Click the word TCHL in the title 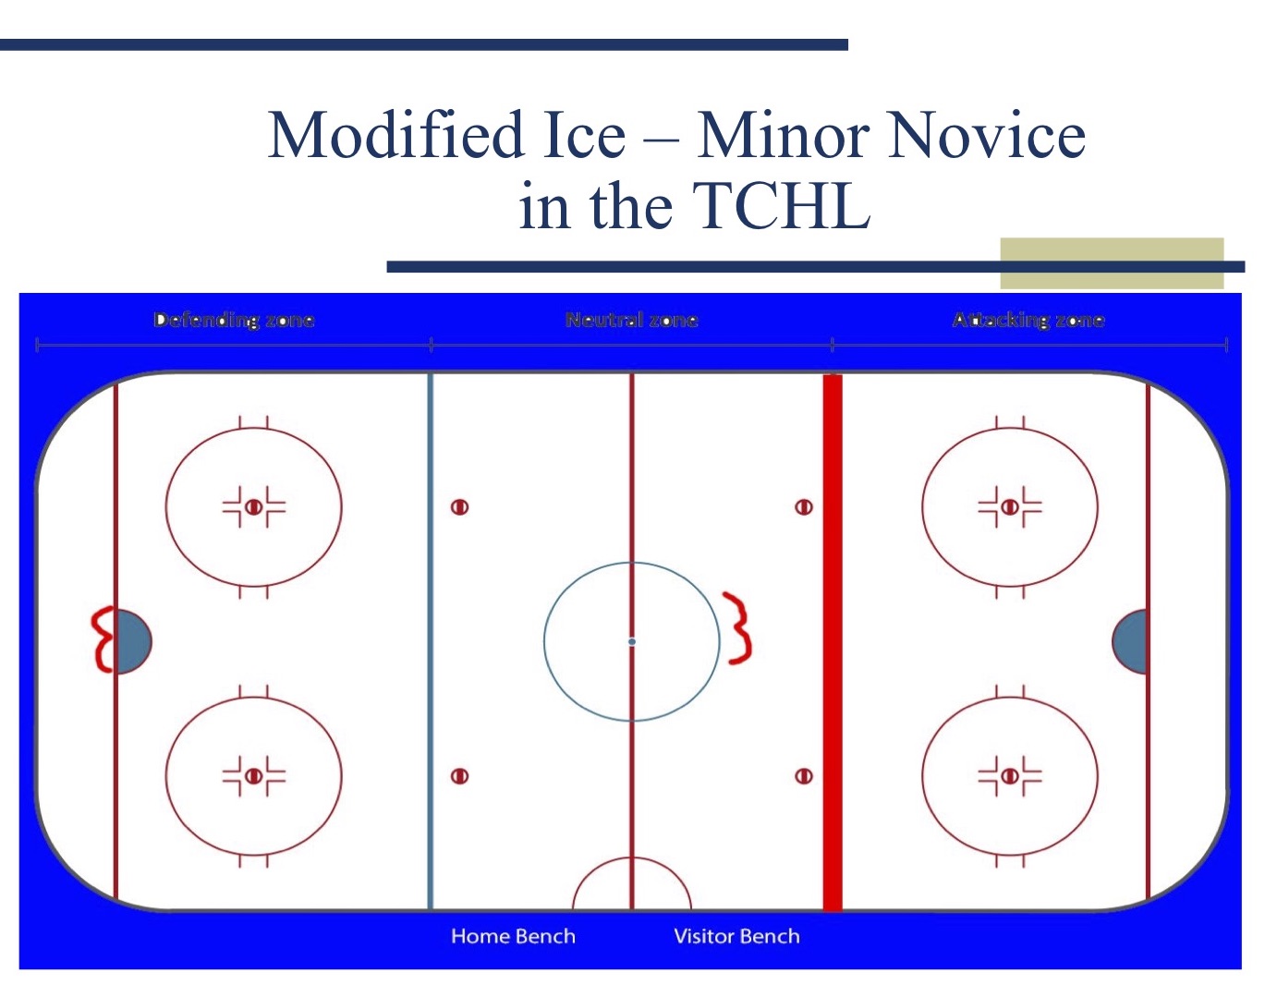(781, 206)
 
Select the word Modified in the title (396, 135)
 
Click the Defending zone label (234, 320)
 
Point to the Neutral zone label (631, 320)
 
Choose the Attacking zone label (1028, 320)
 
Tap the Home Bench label (513, 936)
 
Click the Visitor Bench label (736, 936)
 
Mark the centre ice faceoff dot (632, 641)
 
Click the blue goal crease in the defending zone (133, 641)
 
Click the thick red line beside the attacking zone (833, 642)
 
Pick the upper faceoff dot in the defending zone (253, 506)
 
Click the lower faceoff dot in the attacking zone (1010, 776)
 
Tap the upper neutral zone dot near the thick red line (804, 506)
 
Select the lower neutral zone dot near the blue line (459, 776)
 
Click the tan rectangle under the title (1113, 262)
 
